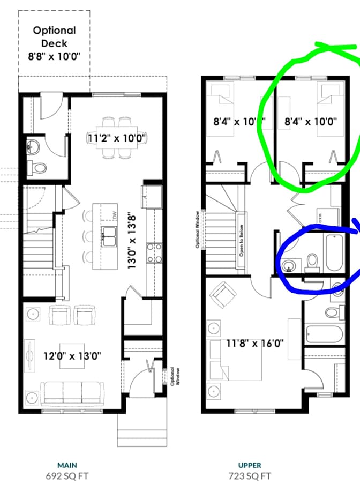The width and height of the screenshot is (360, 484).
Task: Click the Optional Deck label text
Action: coord(54,42)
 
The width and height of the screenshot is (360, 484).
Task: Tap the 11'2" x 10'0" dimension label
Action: coord(117,138)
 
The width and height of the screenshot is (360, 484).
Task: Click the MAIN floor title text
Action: coord(67,465)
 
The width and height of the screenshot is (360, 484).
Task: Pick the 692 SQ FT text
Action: coord(67,475)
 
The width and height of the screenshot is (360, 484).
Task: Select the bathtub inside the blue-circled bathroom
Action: coord(333,254)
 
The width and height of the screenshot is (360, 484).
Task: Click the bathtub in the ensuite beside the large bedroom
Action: coord(324,334)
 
